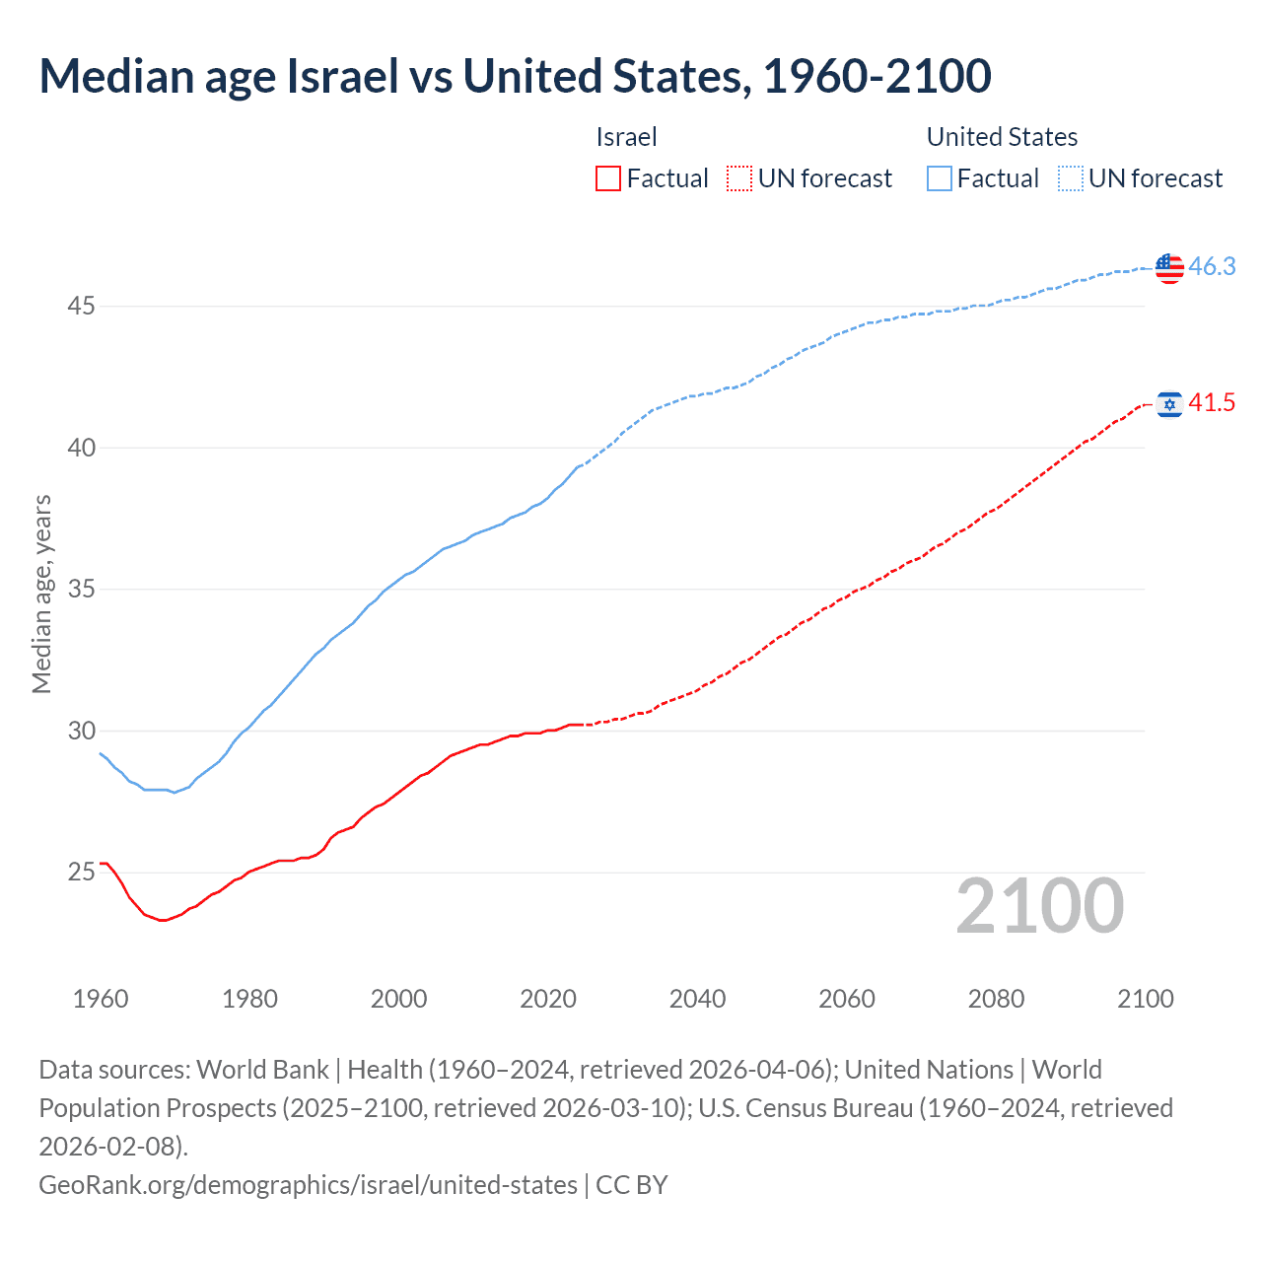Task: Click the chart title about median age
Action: click(x=515, y=76)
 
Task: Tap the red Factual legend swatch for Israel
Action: click(x=608, y=178)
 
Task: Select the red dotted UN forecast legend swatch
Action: click(x=739, y=178)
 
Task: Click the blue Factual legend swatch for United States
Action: click(x=940, y=178)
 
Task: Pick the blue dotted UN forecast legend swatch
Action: click(x=1071, y=178)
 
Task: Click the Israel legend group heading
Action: click(x=626, y=137)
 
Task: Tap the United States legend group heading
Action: click(x=1002, y=137)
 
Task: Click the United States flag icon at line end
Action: click(x=1169, y=267)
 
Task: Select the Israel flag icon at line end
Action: click(x=1169, y=404)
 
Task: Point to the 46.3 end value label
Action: click(x=1212, y=266)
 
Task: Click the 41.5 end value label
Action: click(x=1212, y=402)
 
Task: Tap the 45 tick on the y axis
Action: click(x=81, y=307)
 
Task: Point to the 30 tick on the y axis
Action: click(x=81, y=731)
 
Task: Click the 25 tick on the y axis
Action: click(x=81, y=873)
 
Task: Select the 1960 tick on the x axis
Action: click(x=101, y=999)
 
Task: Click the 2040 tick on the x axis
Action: click(x=697, y=999)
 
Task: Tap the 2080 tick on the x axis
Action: click(x=996, y=999)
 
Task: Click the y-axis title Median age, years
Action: click(x=41, y=595)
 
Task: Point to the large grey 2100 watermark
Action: click(x=1039, y=906)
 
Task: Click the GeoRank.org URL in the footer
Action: click(x=308, y=1184)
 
